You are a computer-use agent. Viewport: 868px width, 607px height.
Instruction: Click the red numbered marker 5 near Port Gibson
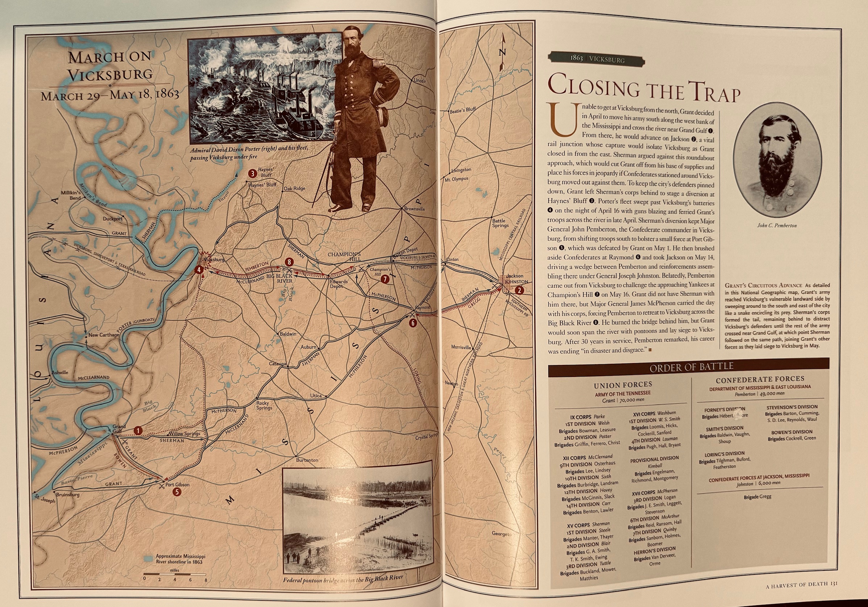click(176, 492)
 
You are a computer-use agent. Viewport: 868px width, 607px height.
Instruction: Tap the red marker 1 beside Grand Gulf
click(139, 431)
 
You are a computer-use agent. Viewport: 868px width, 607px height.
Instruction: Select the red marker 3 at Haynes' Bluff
click(252, 174)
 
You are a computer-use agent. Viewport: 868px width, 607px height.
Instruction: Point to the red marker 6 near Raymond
click(413, 323)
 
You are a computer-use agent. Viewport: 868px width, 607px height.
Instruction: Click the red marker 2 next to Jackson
click(519, 290)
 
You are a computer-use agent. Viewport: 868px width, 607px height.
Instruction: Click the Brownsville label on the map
click(414, 209)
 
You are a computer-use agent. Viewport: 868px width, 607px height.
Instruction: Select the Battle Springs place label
click(500, 223)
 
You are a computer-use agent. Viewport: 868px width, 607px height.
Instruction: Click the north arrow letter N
click(502, 53)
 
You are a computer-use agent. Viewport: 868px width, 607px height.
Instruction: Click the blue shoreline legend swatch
click(150, 558)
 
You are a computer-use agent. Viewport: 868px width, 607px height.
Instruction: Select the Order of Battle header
click(691, 366)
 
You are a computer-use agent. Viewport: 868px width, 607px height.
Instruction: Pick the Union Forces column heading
click(623, 385)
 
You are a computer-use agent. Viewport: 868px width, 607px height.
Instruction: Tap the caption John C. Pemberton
click(777, 226)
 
